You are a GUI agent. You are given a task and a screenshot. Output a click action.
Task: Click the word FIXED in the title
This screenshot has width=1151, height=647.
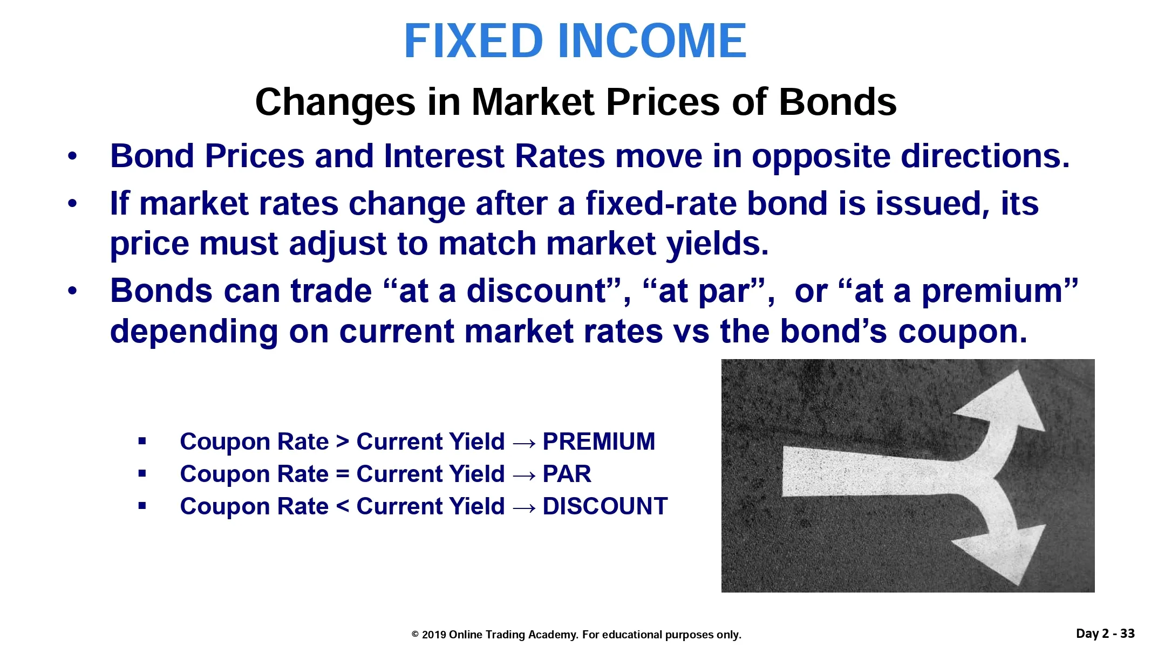[x=473, y=41]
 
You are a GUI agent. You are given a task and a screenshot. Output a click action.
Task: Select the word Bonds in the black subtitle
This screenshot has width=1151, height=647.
[x=837, y=102]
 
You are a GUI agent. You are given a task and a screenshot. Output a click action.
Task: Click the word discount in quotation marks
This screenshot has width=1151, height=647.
[x=537, y=292]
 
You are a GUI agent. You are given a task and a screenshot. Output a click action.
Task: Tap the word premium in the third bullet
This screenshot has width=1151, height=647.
[x=991, y=292]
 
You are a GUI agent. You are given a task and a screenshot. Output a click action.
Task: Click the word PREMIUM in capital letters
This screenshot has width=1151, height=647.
[x=599, y=442]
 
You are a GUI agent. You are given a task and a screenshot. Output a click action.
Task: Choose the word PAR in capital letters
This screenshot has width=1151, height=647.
[x=567, y=474]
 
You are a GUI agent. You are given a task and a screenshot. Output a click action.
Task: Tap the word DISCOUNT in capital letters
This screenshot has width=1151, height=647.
[x=605, y=506]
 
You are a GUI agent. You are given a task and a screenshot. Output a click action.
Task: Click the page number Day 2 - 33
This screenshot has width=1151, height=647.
[x=1105, y=634]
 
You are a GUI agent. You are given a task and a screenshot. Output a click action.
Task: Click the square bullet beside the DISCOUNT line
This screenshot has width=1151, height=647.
[x=142, y=506]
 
